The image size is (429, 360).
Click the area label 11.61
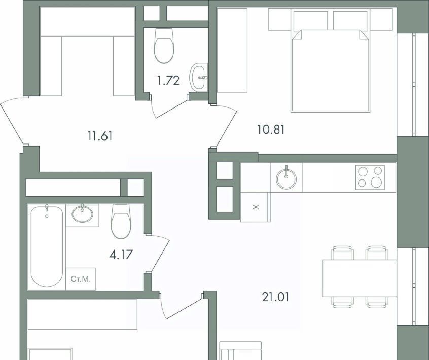pos(100,136)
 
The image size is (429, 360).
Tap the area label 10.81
pos(271,129)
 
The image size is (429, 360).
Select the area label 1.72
pos(168,81)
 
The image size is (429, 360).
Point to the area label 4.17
pos(121,255)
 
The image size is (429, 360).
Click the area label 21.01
pos(275,297)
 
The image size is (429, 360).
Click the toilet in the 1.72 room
pos(164,46)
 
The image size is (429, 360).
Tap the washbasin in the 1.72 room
pos(199,78)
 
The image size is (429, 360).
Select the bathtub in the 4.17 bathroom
pos(47,246)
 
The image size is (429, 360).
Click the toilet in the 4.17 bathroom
pos(121,221)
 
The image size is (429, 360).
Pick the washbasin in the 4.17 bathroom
pos(82,213)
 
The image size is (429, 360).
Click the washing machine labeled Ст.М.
pos(81,279)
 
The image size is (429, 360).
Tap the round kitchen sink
pos(286,179)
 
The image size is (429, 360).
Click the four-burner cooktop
pos(370,177)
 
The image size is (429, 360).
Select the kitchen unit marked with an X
pos(255,207)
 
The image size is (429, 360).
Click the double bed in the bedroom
pos(330,71)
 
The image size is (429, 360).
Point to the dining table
pos(360,278)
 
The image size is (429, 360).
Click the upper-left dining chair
pos(342,253)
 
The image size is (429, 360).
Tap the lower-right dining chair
pos(377,302)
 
